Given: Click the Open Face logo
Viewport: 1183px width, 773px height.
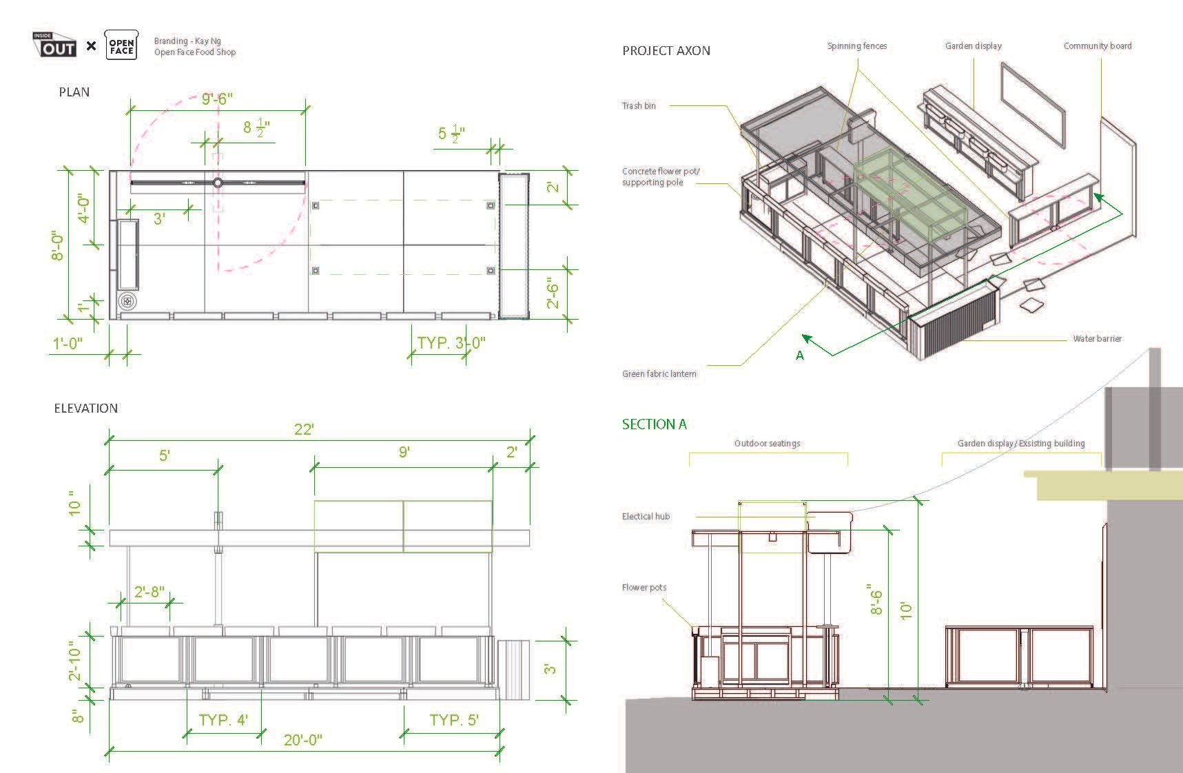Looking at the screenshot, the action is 121,45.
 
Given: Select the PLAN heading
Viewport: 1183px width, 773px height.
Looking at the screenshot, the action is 74,92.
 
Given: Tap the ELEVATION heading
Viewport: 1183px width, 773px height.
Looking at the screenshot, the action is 86,409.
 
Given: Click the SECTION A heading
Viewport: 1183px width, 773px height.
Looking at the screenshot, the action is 654,424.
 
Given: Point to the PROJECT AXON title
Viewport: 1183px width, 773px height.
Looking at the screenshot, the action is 666,51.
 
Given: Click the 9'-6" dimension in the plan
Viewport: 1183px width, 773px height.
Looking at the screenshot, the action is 217,99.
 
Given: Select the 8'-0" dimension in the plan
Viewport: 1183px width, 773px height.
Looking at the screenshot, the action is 59,245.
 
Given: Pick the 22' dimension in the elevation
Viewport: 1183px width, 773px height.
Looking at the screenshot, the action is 304,429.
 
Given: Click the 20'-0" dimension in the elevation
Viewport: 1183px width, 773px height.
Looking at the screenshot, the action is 303,741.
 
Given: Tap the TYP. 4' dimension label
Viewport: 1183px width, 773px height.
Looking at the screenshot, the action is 223,721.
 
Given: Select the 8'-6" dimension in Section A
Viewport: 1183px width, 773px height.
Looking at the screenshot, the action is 876,598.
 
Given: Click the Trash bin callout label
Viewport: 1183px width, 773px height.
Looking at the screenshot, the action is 639,106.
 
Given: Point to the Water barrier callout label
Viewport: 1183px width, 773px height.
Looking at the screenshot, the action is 1097,339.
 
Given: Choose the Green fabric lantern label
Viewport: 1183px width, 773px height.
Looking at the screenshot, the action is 659,374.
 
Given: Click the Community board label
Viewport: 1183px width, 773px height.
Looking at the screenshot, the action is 1097,46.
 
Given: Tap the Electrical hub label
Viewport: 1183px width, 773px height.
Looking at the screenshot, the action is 646,517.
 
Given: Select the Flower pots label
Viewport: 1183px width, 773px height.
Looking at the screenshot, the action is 644,588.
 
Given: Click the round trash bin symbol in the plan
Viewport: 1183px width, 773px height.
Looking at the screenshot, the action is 128,301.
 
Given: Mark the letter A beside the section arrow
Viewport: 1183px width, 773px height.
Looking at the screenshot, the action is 800,355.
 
